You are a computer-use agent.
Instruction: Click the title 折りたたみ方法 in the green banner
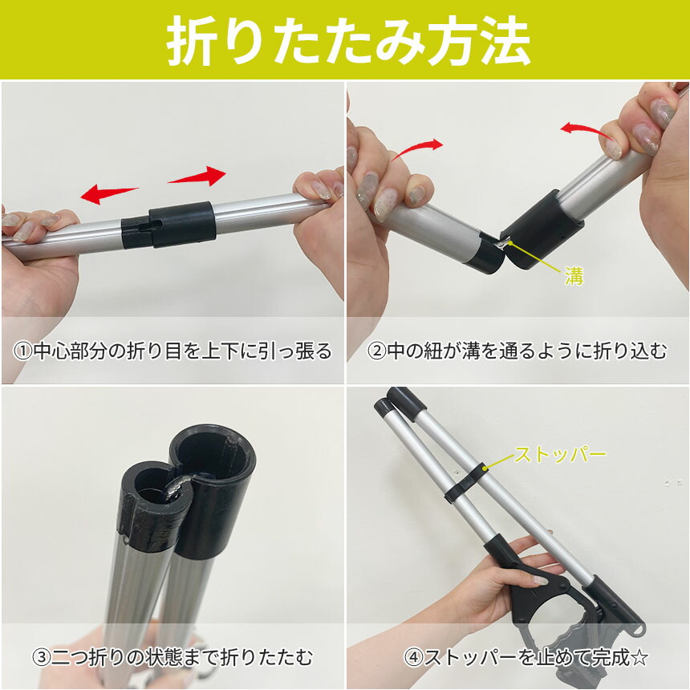coord(348,40)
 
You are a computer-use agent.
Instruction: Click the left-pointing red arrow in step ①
coord(108,193)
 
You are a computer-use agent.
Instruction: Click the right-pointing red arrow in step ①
coord(197,176)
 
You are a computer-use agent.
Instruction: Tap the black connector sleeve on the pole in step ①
coord(168,225)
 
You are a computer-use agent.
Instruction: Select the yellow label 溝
coord(574,276)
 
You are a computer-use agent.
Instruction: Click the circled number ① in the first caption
coord(23,351)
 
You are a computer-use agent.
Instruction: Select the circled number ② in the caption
coord(376,351)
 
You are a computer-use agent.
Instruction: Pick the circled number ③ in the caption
coord(42,657)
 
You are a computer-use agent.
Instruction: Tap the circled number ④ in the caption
coord(414,658)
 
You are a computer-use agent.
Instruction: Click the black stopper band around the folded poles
coord(465,482)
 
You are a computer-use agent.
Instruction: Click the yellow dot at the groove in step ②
coord(510,241)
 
